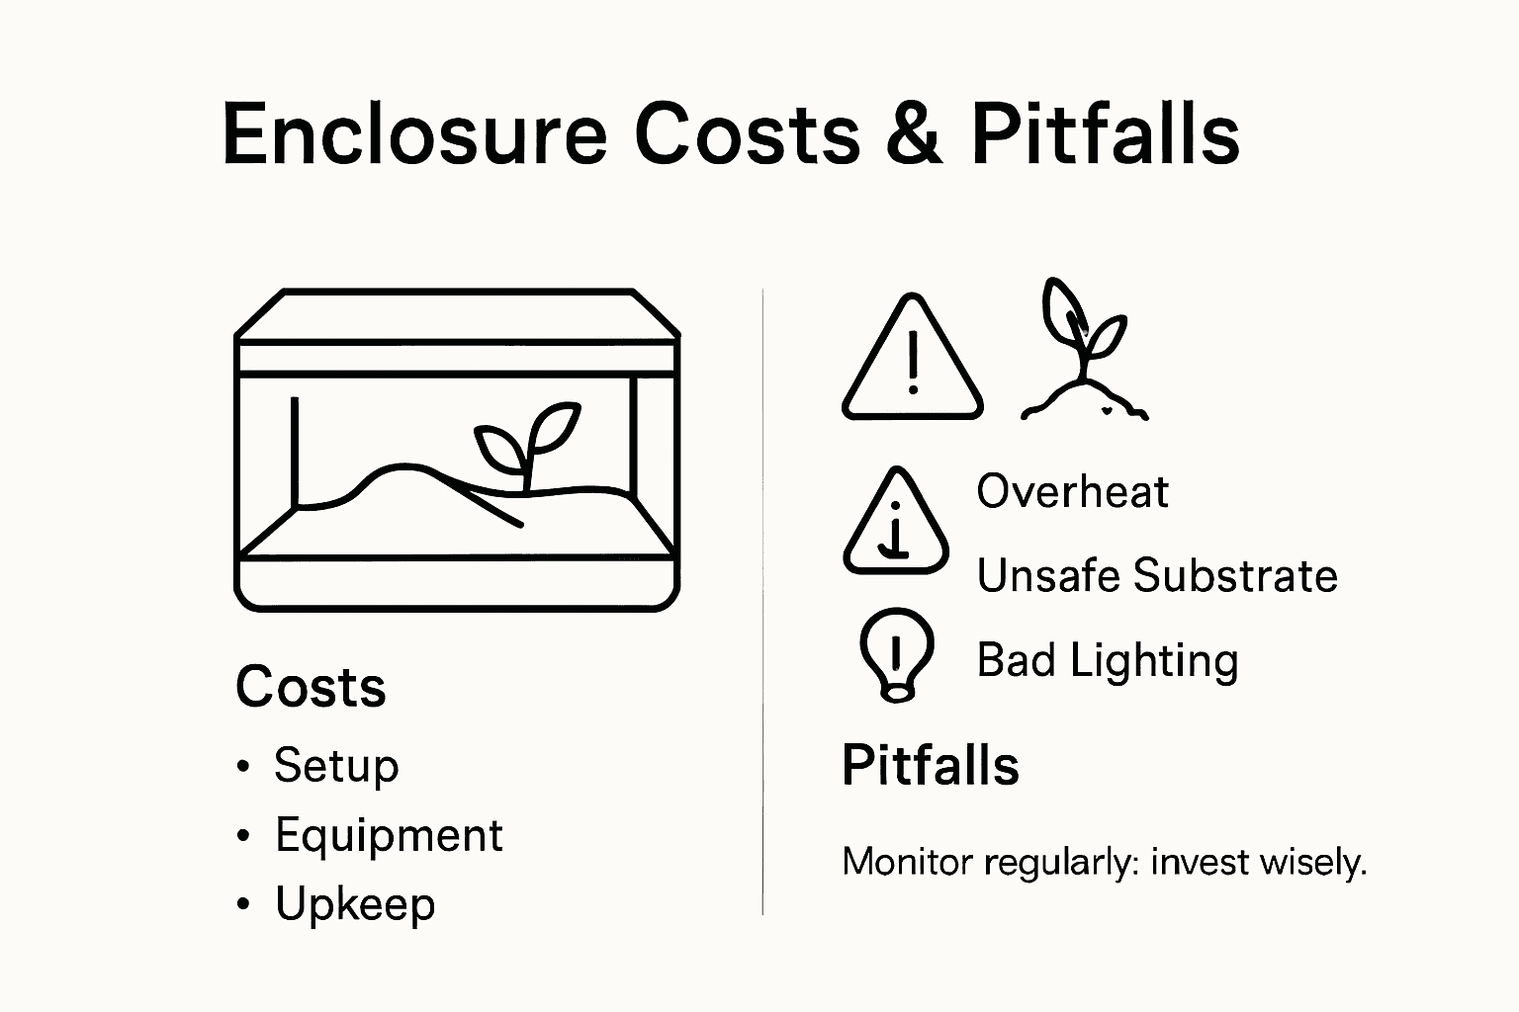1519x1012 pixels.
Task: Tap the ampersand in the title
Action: click(915, 135)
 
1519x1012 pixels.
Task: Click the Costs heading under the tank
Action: click(311, 687)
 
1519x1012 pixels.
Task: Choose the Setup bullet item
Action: click(336, 766)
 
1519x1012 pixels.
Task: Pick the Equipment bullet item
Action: click(389, 835)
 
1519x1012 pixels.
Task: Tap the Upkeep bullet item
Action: click(355, 904)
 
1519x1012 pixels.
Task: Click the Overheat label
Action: click(1072, 491)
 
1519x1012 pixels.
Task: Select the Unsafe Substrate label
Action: click(1157, 575)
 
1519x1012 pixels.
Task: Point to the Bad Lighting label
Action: click(1107, 660)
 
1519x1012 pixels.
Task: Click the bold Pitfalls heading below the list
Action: click(930, 766)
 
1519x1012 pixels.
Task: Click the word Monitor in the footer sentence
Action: click(907, 863)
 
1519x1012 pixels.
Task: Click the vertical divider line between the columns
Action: click(762, 603)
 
